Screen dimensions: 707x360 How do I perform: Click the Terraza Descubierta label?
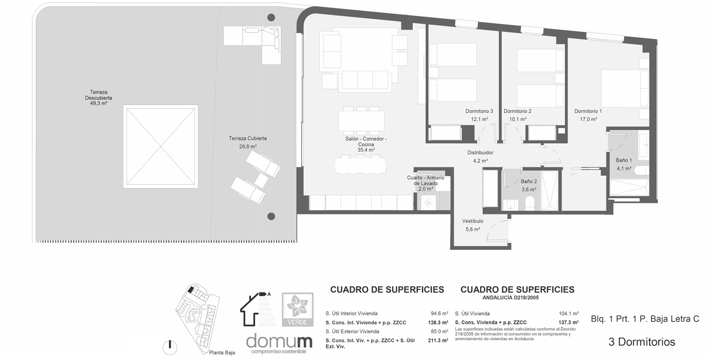[99, 95]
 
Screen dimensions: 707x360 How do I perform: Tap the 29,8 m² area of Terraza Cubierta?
[248, 147]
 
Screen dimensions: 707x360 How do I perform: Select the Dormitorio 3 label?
[479, 111]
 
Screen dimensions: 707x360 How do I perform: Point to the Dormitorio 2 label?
[517, 111]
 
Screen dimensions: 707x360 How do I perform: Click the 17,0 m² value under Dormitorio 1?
[588, 119]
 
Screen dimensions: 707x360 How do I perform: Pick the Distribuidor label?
[480, 153]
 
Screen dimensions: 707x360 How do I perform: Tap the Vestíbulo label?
[472, 221]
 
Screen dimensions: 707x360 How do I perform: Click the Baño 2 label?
[529, 181]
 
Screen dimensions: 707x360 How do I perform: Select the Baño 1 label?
[623, 160]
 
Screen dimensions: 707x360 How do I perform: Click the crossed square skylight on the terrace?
[161, 147]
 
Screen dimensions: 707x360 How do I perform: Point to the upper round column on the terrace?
[271, 18]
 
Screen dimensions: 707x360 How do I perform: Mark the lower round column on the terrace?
[271, 216]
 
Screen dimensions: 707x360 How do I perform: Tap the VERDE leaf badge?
[298, 309]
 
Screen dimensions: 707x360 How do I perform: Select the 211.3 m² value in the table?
[438, 340]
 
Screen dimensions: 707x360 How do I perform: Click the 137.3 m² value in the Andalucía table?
[569, 322]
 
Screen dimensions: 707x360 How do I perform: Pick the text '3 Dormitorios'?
[641, 341]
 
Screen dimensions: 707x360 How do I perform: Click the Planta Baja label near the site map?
[222, 352]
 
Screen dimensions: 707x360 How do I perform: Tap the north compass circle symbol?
[170, 347]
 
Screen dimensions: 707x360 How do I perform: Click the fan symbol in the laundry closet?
[428, 204]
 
